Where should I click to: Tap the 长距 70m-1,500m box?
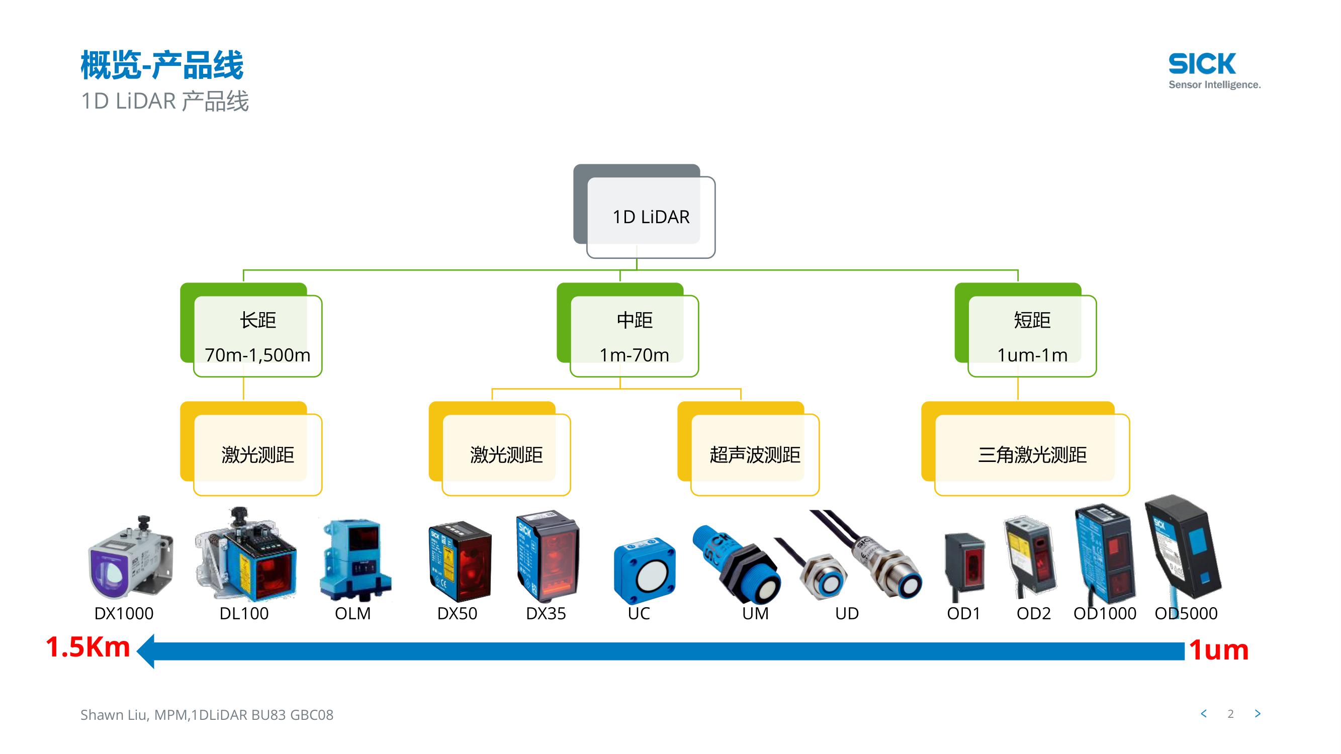click(x=257, y=336)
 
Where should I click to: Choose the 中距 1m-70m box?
click(x=634, y=336)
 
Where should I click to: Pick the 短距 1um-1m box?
click(x=1032, y=336)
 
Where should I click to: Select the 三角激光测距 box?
click(x=1032, y=454)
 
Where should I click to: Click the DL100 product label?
click(x=244, y=613)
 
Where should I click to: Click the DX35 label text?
click(x=546, y=613)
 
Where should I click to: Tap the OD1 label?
click(x=963, y=613)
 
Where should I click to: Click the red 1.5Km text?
click(x=87, y=647)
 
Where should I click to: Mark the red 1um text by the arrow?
click(x=1219, y=650)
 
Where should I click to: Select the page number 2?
click(x=1231, y=714)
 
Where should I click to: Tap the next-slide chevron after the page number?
click(x=1258, y=714)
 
